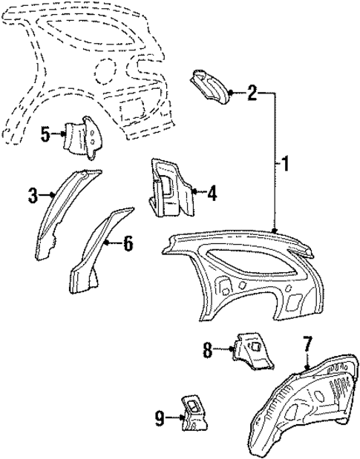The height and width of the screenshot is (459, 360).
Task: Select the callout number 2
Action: coord(252,93)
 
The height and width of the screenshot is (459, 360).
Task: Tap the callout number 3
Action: coord(33,196)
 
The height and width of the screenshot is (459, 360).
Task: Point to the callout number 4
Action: coord(212,195)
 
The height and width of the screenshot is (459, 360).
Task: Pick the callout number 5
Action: coord(45,135)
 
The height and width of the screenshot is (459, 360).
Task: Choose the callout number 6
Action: coord(128,242)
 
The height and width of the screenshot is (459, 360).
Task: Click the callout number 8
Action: coord(208,349)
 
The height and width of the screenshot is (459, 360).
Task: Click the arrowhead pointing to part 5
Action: coord(62,135)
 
